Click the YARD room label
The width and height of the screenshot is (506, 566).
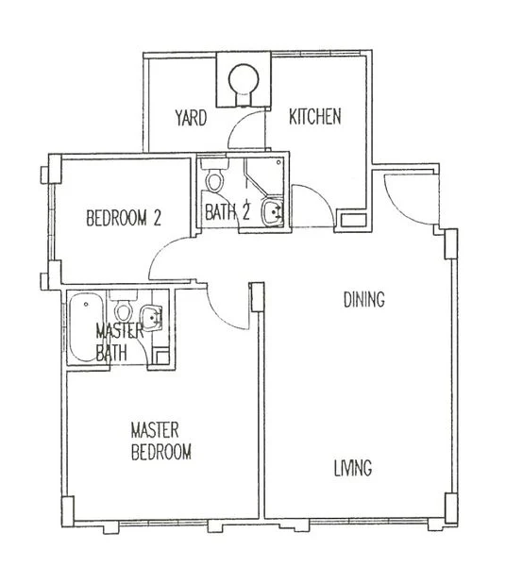point(191,118)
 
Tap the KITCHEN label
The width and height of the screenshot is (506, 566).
point(315,116)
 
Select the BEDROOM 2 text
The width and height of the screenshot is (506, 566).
point(124,218)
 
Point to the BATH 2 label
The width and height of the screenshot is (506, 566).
point(228,211)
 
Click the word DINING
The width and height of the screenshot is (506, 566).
point(364,300)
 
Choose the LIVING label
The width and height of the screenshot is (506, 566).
point(353,468)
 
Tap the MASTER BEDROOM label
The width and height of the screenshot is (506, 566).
point(160,441)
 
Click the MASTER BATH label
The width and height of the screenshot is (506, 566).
point(119,341)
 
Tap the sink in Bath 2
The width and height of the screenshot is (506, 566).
point(272,211)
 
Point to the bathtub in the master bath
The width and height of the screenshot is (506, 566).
point(86,327)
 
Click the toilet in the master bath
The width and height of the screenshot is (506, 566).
point(124,308)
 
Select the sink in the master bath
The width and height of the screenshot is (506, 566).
point(151,318)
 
